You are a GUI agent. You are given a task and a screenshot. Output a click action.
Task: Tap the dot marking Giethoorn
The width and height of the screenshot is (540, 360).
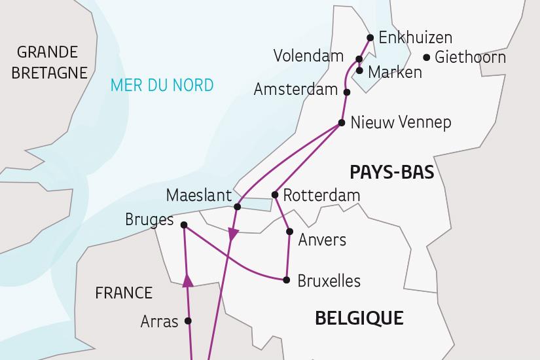(x=427, y=58)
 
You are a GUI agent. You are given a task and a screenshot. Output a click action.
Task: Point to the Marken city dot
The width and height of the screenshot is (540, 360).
(x=360, y=70)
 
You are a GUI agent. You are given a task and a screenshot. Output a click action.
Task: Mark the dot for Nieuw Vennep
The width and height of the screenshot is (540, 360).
(x=342, y=122)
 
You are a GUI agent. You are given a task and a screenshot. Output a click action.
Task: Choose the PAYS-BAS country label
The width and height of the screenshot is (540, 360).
(x=392, y=172)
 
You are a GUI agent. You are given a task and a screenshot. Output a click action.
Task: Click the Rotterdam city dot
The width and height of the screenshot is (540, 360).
(x=276, y=195)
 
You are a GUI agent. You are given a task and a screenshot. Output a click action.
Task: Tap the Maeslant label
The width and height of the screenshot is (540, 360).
(x=199, y=195)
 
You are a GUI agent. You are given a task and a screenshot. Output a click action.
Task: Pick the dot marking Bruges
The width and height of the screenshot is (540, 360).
(x=184, y=226)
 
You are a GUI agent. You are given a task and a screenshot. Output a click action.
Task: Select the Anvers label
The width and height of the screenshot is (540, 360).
(x=322, y=240)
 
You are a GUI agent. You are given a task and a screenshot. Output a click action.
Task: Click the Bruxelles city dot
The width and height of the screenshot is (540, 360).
(x=287, y=280)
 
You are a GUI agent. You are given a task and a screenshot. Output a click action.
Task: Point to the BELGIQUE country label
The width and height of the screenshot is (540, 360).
(x=359, y=319)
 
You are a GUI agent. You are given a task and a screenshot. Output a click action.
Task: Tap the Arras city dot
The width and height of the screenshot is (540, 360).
(x=189, y=321)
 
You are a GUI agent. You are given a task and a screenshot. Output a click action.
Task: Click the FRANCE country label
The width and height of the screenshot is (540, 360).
(x=123, y=293)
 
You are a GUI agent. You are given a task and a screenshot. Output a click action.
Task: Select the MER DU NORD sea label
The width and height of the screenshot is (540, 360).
(x=162, y=85)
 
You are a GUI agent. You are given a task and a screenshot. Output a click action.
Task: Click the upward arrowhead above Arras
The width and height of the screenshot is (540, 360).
(x=187, y=281)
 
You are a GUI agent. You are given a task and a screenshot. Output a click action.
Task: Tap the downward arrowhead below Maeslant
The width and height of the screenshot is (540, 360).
(x=232, y=233)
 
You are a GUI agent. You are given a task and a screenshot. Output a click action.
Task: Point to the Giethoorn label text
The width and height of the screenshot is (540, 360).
(x=470, y=58)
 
